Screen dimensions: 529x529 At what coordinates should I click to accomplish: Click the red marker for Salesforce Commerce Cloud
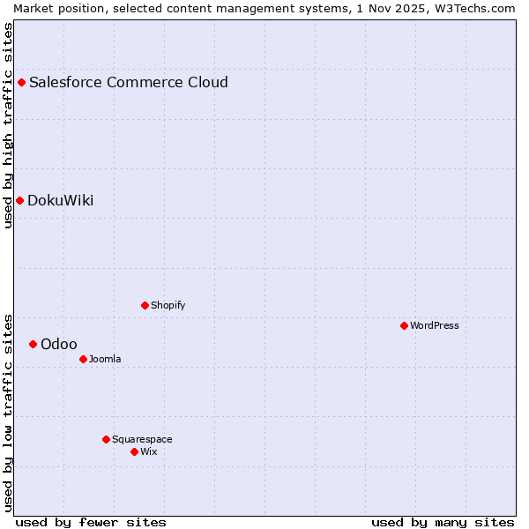click(x=22, y=83)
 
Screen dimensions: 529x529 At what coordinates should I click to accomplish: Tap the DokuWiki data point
click(x=20, y=200)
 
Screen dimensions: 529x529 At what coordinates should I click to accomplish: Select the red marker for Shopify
click(x=145, y=305)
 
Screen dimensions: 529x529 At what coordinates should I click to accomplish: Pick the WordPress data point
click(x=404, y=325)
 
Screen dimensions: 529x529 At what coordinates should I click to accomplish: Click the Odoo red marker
click(x=34, y=344)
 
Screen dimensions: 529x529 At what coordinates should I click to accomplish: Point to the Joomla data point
click(x=83, y=359)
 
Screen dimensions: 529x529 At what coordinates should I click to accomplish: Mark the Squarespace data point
click(x=106, y=439)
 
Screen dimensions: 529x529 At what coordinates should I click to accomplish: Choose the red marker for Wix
click(x=134, y=451)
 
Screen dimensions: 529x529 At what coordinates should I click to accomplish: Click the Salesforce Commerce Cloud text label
click(x=129, y=83)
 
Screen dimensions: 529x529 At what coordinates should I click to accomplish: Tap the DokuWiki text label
click(x=61, y=200)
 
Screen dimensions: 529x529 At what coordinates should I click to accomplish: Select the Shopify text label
click(x=168, y=305)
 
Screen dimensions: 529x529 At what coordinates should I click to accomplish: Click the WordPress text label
click(x=435, y=325)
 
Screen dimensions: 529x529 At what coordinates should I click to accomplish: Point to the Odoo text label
click(x=59, y=344)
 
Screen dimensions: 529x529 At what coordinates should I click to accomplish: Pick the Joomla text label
click(x=105, y=359)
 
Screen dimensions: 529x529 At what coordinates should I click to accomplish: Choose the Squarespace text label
click(x=142, y=439)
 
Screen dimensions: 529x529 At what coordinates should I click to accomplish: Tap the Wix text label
click(x=149, y=451)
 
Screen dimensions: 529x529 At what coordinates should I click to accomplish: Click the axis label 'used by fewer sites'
click(x=91, y=522)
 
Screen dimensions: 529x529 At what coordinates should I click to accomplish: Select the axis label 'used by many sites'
click(x=443, y=522)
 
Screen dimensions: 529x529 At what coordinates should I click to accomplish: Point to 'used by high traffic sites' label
click(x=9, y=125)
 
